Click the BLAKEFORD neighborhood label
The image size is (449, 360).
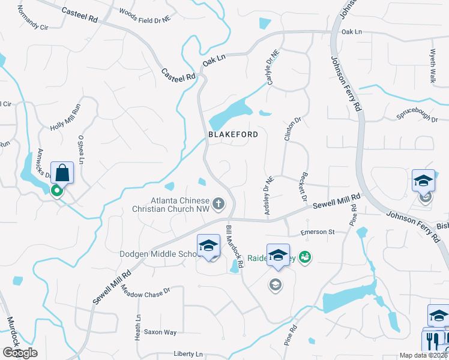click(233, 134)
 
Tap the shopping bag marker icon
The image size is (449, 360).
click(62, 173)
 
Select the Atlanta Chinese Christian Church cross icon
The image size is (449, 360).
click(218, 205)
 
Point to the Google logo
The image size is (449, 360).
click(20, 353)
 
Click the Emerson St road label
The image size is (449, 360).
click(317, 232)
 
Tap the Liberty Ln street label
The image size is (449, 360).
click(189, 354)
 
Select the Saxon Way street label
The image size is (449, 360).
click(160, 332)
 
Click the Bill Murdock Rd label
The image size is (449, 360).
click(235, 246)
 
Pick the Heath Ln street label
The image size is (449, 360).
click(138, 326)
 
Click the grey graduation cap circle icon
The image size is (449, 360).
click(275, 285)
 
